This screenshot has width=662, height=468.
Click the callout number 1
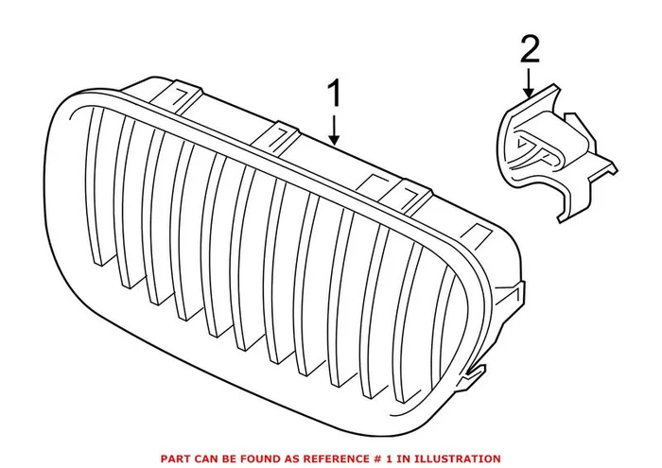coord(335,93)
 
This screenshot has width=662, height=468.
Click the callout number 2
coord(530,49)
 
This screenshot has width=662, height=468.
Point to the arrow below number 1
coord(335,130)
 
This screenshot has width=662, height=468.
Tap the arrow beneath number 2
coord(529,82)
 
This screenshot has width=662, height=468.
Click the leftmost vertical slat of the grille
coord(95,185)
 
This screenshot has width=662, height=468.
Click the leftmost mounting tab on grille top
coord(178,98)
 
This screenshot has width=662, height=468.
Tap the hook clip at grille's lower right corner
coord(473,375)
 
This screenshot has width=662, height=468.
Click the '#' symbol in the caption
coord(371,459)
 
